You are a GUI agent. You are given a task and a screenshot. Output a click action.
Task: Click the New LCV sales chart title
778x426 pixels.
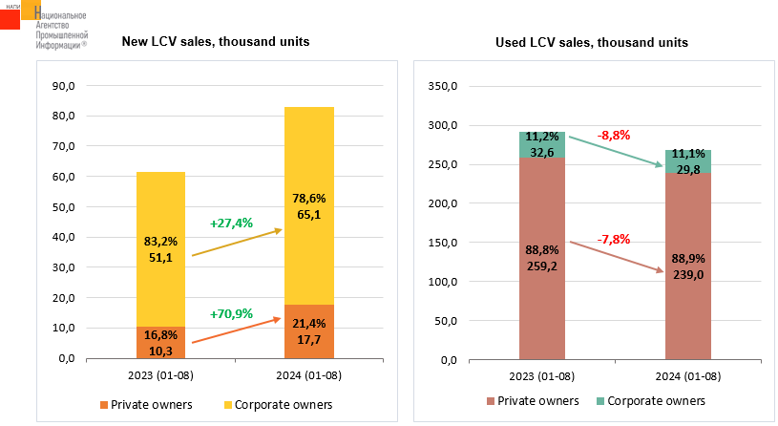click(215, 42)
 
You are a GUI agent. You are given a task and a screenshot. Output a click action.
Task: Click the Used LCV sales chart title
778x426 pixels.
click(592, 43)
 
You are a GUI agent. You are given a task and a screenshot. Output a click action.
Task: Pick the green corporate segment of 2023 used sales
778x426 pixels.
click(542, 144)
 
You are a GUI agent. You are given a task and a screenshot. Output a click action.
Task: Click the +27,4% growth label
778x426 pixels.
click(231, 223)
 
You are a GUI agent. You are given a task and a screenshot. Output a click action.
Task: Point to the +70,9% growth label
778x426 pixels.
click(231, 313)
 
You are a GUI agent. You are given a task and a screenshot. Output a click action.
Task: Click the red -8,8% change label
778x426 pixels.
click(613, 136)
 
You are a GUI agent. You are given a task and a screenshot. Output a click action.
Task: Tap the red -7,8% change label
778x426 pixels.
click(613, 239)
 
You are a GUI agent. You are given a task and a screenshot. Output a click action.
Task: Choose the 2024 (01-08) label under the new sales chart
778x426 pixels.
click(308, 375)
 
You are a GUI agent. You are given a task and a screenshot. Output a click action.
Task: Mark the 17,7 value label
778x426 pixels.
click(309, 340)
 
